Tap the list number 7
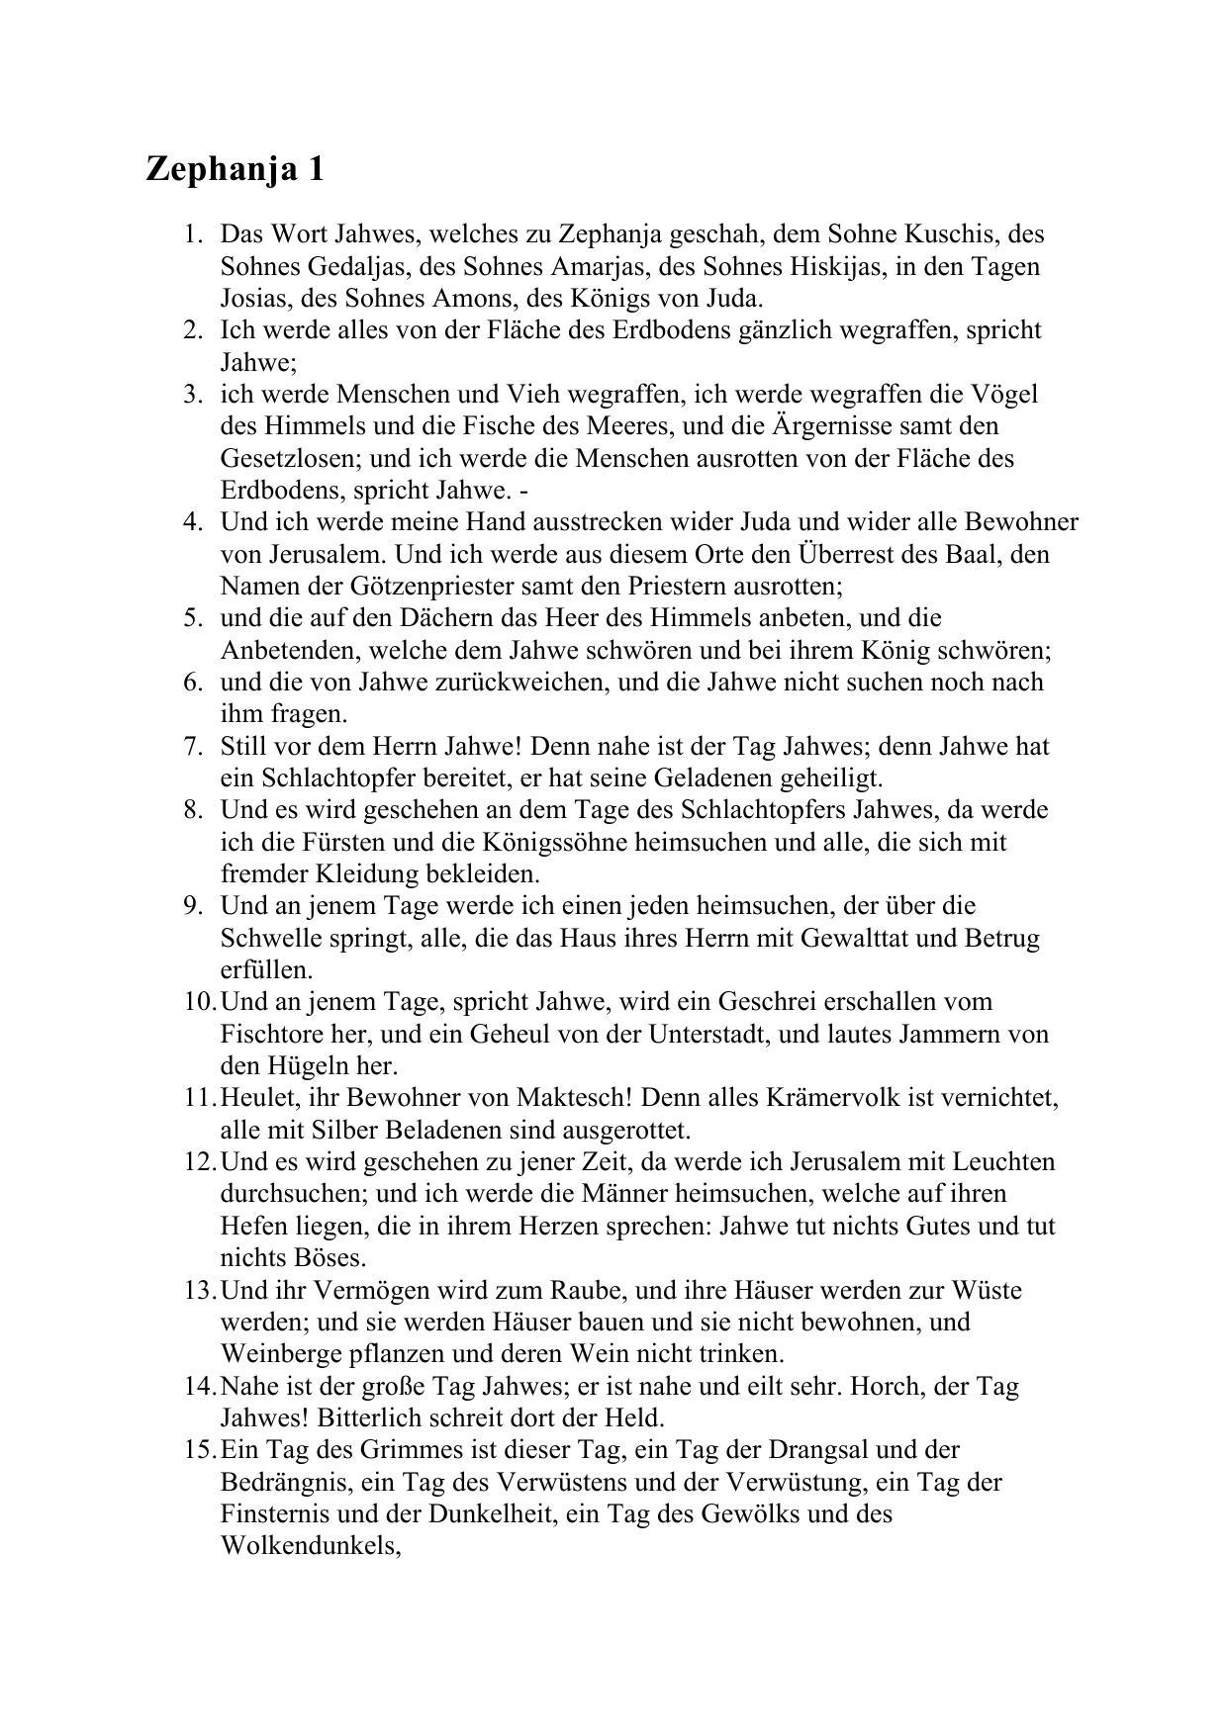click(x=192, y=746)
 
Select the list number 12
click(x=198, y=1161)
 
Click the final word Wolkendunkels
click(x=310, y=1546)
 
